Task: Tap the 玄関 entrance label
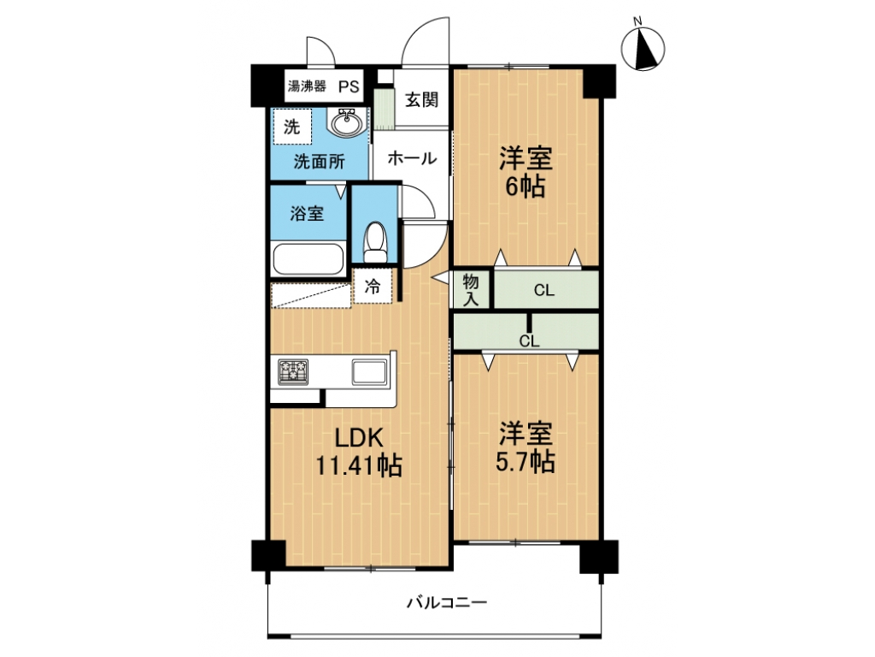point(421,100)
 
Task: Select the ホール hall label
point(412,158)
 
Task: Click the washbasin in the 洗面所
point(347,121)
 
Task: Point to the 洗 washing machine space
point(292,127)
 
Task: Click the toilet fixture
point(375,242)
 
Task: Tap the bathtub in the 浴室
point(308,258)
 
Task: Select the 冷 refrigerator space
point(373,286)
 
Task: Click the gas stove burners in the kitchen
point(294,371)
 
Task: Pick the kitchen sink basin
point(369,372)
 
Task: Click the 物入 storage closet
point(471,289)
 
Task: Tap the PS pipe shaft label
point(349,86)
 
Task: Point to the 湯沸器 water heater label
point(307,86)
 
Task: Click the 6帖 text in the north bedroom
point(526,186)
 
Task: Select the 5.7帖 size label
point(526,461)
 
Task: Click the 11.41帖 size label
point(360,465)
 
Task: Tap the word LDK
point(359,437)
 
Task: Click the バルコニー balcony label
point(447,603)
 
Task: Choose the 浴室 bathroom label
point(307,213)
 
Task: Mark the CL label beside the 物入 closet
point(544,291)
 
